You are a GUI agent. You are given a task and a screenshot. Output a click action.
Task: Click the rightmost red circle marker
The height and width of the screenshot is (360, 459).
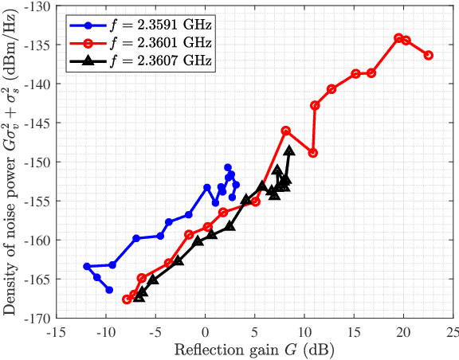click(x=429, y=55)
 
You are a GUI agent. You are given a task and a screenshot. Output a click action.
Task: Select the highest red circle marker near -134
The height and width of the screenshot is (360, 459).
click(x=399, y=37)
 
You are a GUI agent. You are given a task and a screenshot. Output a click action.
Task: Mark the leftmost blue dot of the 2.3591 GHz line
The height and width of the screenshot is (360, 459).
click(x=87, y=266)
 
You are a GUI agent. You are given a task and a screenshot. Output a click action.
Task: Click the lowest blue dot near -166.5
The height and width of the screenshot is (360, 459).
click(x=110, y=290)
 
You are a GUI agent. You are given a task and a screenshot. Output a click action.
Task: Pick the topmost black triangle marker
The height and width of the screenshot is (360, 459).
click(x=289, y=151)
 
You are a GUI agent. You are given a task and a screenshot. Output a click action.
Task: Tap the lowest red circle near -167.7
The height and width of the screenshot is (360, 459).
click(x=127, y=299)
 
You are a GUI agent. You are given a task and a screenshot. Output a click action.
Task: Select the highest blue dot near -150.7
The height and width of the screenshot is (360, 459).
click(x=228, y=167)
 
